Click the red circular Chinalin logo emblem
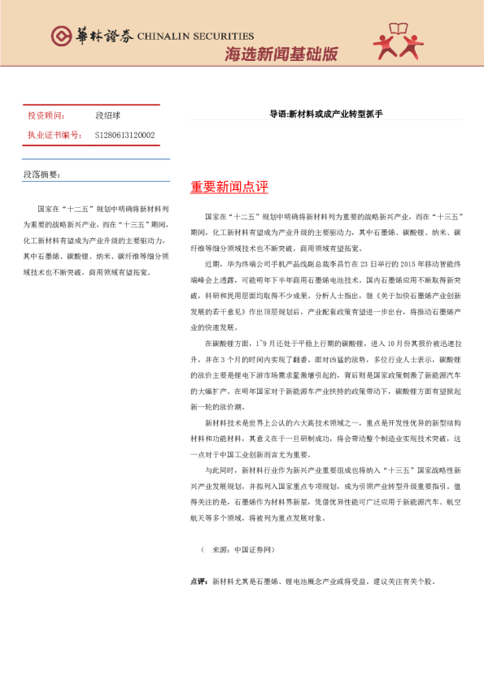[61, 36]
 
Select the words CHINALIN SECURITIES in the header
[195, 37]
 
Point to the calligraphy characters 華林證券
[102, 36]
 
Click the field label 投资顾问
[45, 116]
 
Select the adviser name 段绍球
[107, 116]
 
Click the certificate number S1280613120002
[124, 135]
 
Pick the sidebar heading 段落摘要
[41, 175]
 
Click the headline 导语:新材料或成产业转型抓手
[325, 115]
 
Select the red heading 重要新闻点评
[229, 188]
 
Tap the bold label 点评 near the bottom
[198, 582]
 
